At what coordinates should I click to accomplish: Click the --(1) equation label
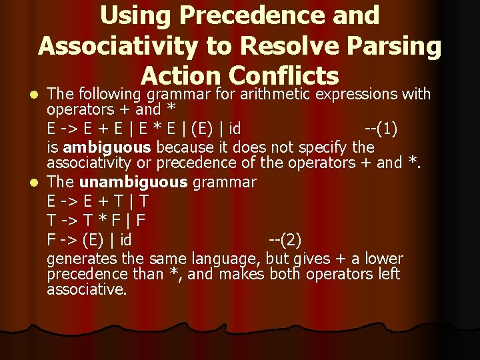coord(381,128)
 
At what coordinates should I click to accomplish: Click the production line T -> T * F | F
coord(96,220)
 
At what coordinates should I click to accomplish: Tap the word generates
coord(77,259)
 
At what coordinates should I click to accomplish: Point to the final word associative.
coord(87,290)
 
